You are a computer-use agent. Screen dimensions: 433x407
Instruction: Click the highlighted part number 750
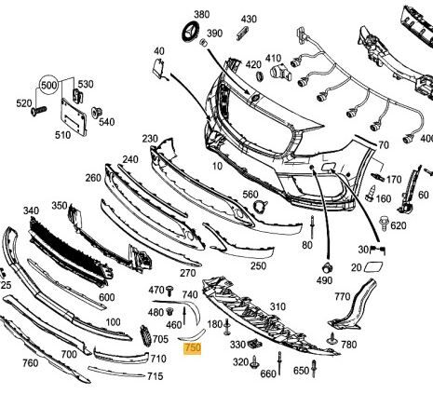click(x=193, y=347)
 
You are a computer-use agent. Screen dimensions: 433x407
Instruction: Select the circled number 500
click(x=49, y=85)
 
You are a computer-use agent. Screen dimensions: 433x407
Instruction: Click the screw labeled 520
click(x=38, y=111)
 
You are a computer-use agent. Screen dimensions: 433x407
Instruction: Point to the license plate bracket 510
click(x=74, y=116)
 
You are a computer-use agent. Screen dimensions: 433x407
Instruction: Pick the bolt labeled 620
click(x=384, y=223)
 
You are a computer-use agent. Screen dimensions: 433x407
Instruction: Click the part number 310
click(x=277, y=306)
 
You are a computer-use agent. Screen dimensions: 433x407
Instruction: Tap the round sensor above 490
click(x=328, y=267)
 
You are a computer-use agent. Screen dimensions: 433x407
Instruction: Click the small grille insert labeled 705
click(x=145, y=335)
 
